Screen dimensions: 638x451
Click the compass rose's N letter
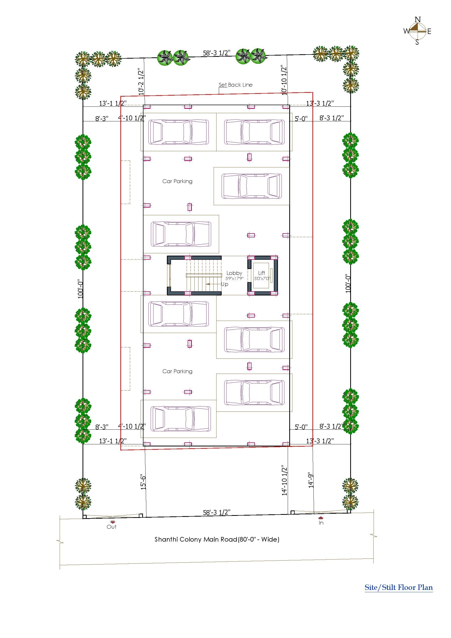point(417,20)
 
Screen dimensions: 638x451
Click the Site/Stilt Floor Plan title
point(399,587)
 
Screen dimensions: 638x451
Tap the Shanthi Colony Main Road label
point(217,539)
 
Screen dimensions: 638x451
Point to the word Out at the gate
point(111,527)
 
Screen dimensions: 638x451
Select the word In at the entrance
point(321,523)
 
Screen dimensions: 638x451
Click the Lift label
point(261,273)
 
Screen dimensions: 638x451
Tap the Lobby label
point(234,273)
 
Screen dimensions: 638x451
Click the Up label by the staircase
point(224,284)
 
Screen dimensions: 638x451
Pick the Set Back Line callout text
point(236,85)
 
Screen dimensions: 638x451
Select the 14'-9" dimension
point(311,480)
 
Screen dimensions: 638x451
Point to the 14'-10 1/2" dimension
point(284,480)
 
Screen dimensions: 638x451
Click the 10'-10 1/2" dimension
point(284,80)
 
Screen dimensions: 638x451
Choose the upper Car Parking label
point(177,181)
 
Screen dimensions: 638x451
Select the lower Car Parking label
point(177,371)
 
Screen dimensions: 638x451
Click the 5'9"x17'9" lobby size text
point(234,278)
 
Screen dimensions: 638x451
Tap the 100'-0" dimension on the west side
point(80,289)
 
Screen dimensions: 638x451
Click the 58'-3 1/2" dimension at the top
point(217,53)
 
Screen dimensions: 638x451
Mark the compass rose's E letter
point(429,31)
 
